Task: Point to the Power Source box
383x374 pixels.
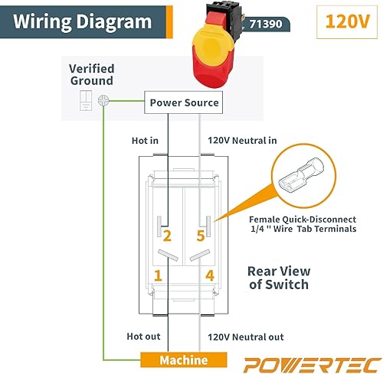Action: pos(183,102)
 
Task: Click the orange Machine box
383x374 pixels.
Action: pos(183,360)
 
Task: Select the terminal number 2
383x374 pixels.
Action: pos(166,236)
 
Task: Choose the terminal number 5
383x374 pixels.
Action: pos(201,236)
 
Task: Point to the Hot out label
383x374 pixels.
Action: pos(143,337)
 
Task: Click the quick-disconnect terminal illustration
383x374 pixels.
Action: pos(303,181)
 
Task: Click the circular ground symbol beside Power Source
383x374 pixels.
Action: pos(104,100)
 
